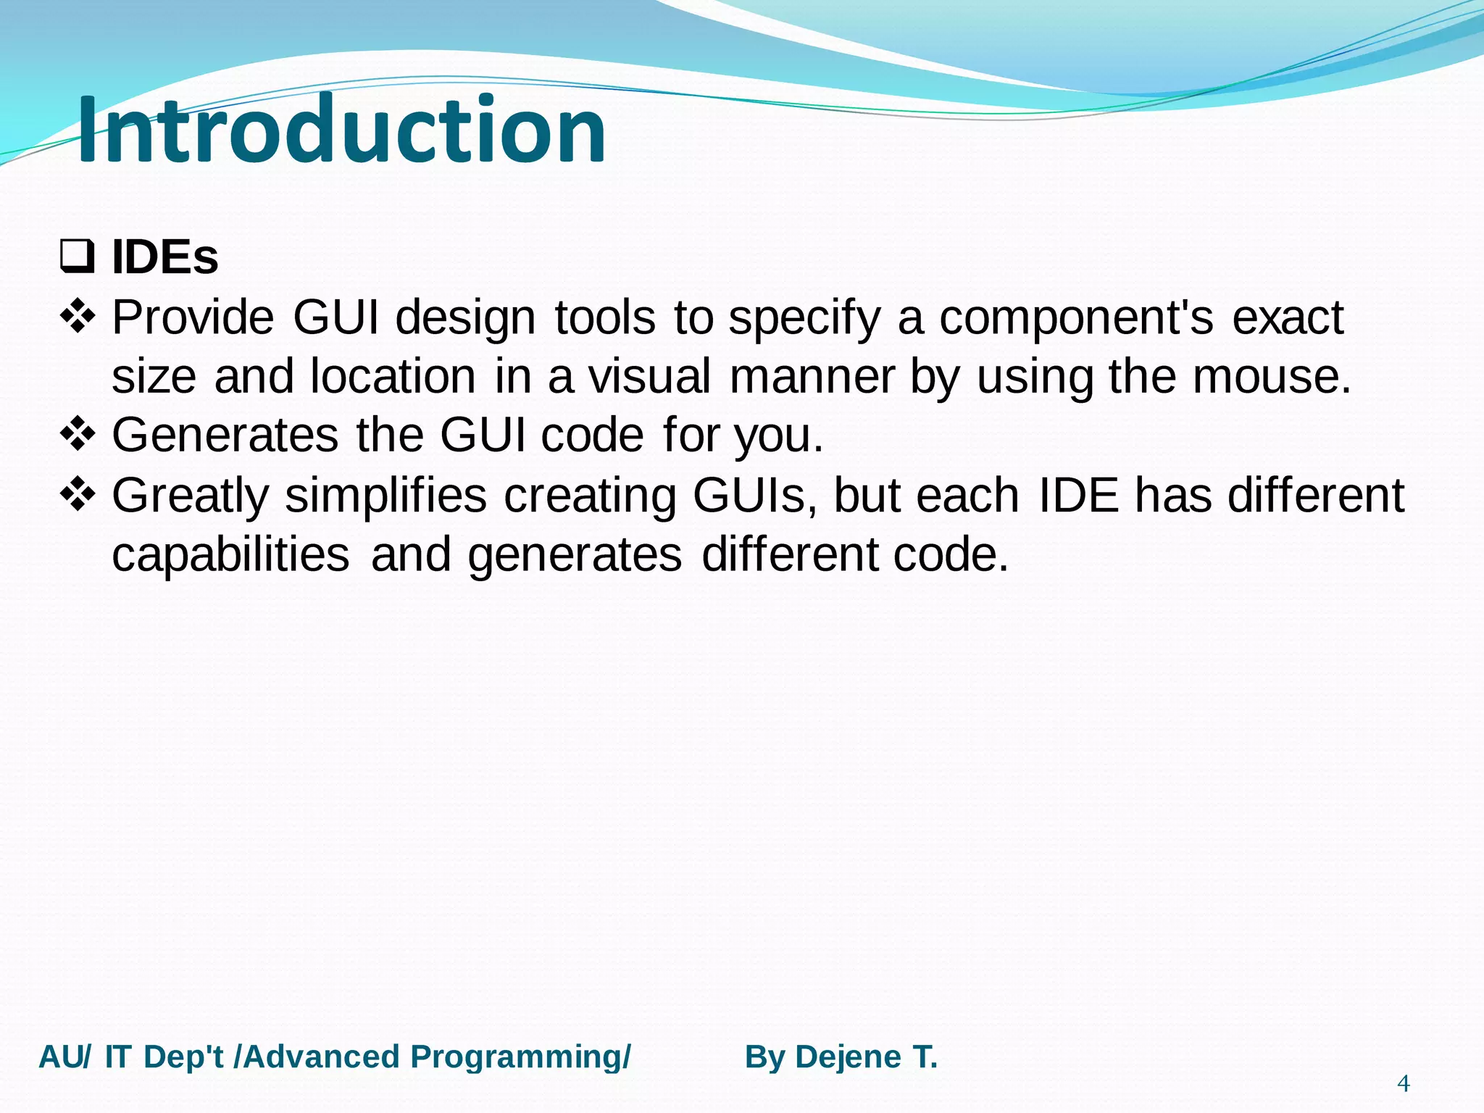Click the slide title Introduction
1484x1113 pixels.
341,130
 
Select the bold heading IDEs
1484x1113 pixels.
164,257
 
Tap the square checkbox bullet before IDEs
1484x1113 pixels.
77,257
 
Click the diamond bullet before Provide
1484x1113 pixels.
78,317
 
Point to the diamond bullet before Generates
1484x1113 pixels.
78,434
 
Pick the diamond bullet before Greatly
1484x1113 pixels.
78,494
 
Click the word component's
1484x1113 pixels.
1076,319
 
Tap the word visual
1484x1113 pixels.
649,377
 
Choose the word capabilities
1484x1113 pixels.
230,555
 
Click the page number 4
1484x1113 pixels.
1403,1083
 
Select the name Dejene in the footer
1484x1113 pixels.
849,1057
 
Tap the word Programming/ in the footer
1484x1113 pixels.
520,1057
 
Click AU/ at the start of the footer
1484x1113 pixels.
64,1057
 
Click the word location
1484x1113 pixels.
393,377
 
